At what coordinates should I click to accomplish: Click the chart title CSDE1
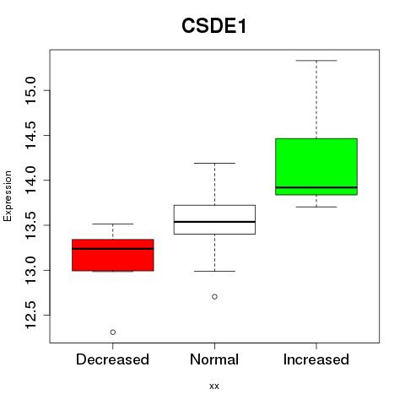point(214,26)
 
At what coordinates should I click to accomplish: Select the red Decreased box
point(113,255)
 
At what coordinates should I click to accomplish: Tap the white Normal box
point(214,219)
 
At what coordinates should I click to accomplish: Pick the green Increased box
point(316,166)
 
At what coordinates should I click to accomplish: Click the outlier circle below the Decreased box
point(113,332)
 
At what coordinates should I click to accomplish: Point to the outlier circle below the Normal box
point(214,297)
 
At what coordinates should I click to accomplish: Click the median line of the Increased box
point(316,187)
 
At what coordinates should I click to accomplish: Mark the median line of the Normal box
point(214,222)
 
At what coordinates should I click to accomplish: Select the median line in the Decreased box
point(113,249)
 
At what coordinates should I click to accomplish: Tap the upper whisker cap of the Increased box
point(316,61)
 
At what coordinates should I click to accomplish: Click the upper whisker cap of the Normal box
point(214,163)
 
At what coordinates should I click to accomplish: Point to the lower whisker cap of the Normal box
point(214,271)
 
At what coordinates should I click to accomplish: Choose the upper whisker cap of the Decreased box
point(113,224)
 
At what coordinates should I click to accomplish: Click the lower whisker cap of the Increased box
point(316,207)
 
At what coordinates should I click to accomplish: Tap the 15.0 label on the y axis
point(31,90)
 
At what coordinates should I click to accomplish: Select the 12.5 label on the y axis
point(31,315)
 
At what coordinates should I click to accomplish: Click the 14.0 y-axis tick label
point(31,180)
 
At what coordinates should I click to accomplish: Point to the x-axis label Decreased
point(112,359)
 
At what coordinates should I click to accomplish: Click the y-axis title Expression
point(8,196)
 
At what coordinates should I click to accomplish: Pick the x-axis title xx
point(214,386)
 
